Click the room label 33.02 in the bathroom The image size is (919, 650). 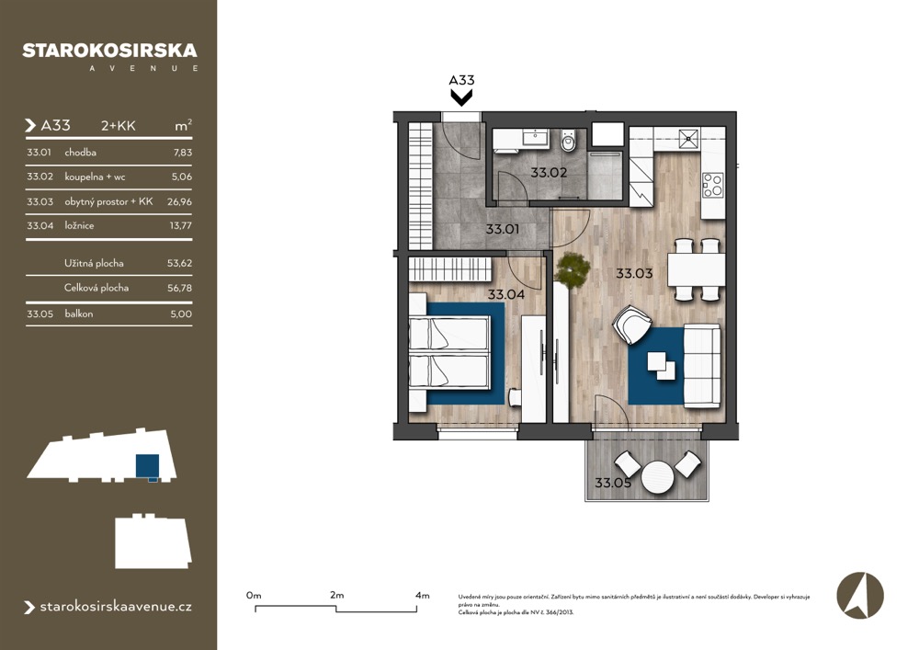[x=549, y=173]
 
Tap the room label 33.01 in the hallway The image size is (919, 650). [x=503, y=229]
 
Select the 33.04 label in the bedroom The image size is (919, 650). [x=506, y=294]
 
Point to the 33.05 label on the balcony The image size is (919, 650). [x=613, y=483]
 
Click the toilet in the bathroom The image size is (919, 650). [x=569, y=141]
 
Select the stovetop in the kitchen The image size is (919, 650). [x=713, y=185]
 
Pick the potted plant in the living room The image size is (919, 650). [x=573, y=270]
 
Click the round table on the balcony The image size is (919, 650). [x=658, y=478]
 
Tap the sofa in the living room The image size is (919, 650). [x=702, y=366]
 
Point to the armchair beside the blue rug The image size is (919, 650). [x=632, y=325]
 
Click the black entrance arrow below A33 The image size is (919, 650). [x=461, y=97]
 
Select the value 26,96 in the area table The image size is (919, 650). [x=179, y=201]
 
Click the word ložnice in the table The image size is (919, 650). [x=79, y=225]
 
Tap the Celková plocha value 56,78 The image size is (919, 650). [x=179, y=288]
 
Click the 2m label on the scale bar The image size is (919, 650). [x=337, y=595]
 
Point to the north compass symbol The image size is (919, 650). [x=860, y=596]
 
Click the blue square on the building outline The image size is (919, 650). [x=147, y=466]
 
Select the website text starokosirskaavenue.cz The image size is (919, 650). [x=116, y=607]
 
